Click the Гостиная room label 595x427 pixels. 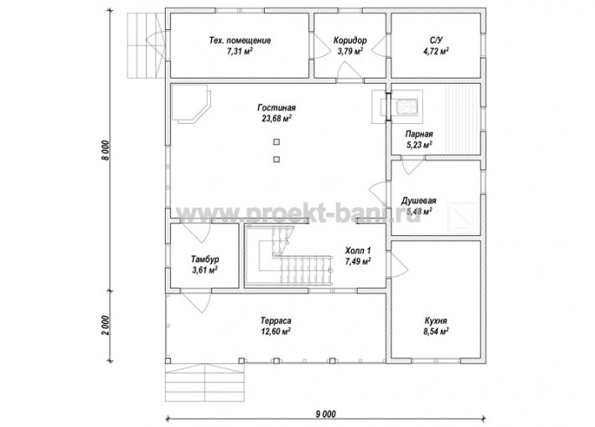click(x=277, y=108)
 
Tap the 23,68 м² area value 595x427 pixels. click(x=277, y=118)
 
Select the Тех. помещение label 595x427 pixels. click(x=240, y=40)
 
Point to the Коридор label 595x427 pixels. click(x=350, y=40)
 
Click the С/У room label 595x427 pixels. click(x=436, y=40)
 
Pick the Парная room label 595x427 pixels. click(x=419, y=134)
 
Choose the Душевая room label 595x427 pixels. click(x=419, y=201)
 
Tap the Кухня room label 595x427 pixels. click(x=436, y=321)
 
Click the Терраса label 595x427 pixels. click(x=276, y=321)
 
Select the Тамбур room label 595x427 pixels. click(x=204, y=260)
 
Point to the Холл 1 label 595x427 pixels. click(x=358, y=250)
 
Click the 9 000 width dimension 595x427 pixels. click(x=326, y=414)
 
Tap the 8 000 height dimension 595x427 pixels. click(x=106, y=150)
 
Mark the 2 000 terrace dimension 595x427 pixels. click(x=106, y=326)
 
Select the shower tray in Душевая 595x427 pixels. click(x=463, y=218)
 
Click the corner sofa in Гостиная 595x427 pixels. click(x=190, y=104)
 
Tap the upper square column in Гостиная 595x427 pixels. click(x=277, y=141)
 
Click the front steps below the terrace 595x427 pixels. click(x=204, y=382)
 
